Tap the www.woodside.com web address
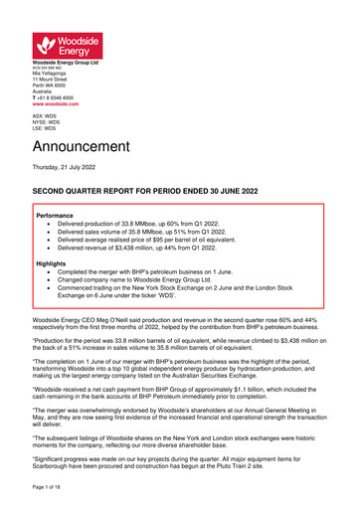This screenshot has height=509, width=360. [x=58, y=103]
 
